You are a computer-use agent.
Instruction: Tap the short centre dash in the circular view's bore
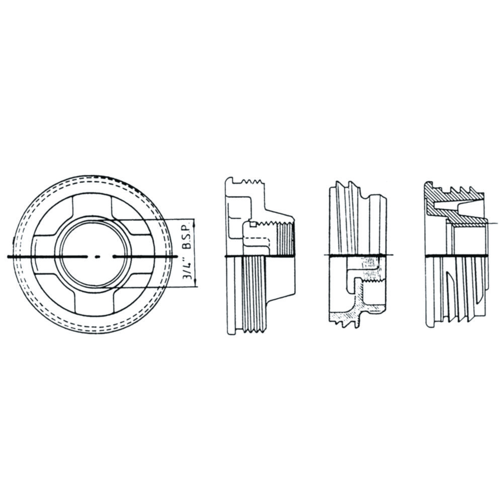(98, 257)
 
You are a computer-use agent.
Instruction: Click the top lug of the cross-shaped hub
(92, 207)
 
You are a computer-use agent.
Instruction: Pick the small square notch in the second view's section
(253, 225)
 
